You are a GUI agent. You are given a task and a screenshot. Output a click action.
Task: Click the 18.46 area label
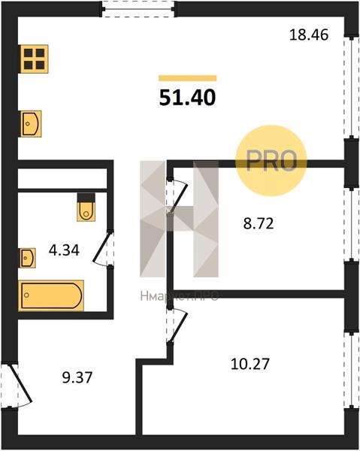click(309, 35)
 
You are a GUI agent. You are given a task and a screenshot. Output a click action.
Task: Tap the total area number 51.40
click(187, 97)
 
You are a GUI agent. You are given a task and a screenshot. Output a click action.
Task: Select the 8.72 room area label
click(259, 223)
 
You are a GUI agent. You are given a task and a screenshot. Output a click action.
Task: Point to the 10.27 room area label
click(250, 364)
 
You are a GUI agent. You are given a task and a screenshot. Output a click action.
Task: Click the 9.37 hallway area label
click(77, 377)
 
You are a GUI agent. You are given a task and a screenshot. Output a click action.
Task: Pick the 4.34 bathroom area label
click(64, 250)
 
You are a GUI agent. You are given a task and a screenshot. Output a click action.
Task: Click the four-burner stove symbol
click(34, 59)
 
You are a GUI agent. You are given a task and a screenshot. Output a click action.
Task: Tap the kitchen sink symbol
click(31, 124)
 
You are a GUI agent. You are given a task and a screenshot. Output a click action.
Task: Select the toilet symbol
click(86, 207)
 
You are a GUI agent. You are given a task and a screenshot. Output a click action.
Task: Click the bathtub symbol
click(51, 295)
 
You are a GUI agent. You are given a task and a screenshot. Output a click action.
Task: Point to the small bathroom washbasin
click(28, 258)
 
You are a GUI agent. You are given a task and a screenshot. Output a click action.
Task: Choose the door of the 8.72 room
click(177, 196)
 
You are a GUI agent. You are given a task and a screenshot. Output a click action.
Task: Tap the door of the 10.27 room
click(177, 325)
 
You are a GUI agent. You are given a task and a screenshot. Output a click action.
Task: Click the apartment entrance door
click(17, 386)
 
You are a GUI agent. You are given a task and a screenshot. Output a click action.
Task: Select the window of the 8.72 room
click(351, 224)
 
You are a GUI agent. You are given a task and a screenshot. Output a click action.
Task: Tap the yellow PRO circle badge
click(271, 161)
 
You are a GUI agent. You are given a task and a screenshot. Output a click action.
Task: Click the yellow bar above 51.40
click(187, 78)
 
